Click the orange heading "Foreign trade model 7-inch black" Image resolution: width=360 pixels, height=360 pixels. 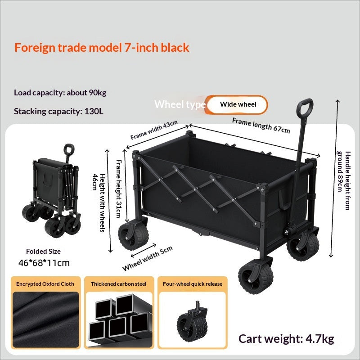[x=102, y=48]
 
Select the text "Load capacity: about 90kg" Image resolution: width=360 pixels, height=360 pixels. [x=60, y=93]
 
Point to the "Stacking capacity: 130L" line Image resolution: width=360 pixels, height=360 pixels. [x=58, y=111]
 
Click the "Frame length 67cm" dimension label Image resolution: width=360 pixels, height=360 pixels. [x=261, y=126]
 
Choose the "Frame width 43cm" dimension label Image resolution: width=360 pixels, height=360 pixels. [x=154, y=130]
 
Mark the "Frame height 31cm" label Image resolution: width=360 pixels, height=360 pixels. [x=118, y=189]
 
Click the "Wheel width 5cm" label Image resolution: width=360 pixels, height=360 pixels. [x=147, y=259]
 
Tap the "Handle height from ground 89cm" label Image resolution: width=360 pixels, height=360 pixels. [x=343, y=180]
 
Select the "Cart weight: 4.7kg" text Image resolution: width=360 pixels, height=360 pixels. [x=286, y=339]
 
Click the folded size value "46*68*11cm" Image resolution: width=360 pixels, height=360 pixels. [x=44, y=263]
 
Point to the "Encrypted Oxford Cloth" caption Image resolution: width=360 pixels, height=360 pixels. [x=45, y=284]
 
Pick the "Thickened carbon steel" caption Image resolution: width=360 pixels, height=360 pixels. [x=118, y=284]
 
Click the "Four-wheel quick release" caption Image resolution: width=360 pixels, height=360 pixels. [x=193, y=284]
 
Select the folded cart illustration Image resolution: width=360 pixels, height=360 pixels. [x=51, y=190]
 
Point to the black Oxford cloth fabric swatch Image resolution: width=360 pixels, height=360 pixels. [x=46, y=319]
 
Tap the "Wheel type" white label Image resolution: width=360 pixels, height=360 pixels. [x=180, y=104]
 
